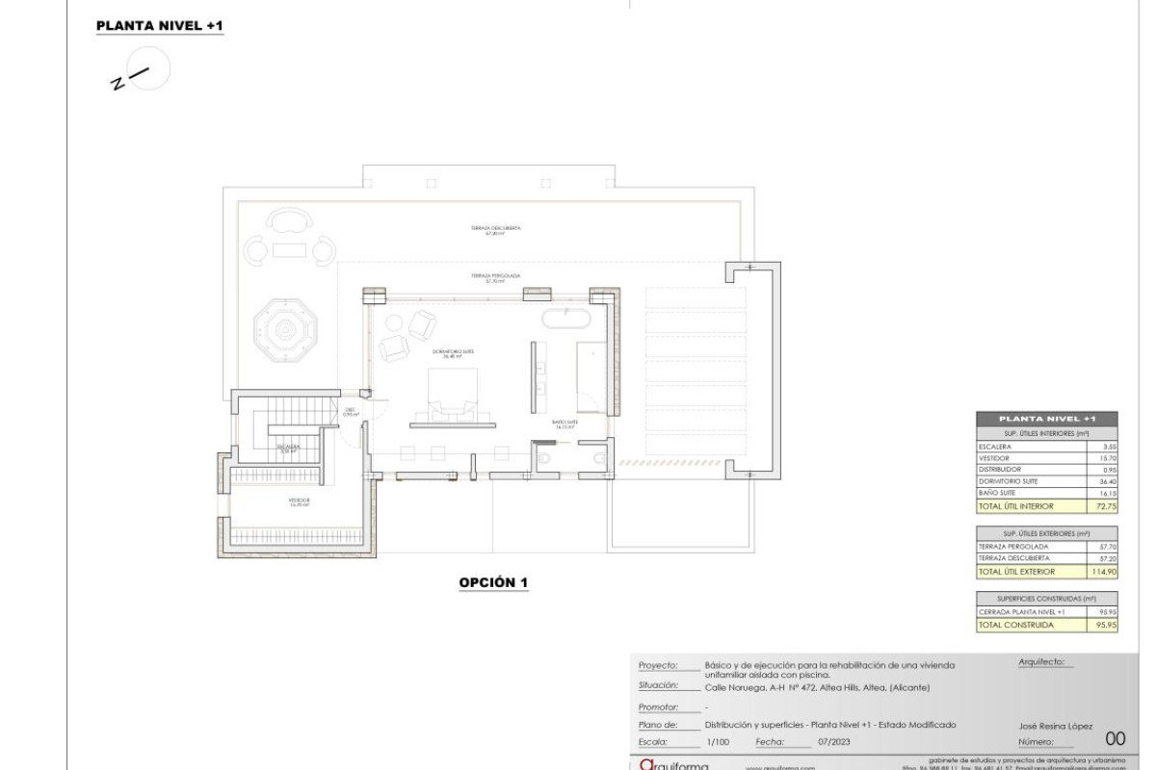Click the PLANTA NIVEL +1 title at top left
pos(160,27)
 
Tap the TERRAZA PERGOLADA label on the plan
pos(496,276)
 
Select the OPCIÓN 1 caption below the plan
pos(493,583)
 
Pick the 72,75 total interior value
pos(1103,505)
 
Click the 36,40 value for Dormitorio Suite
pos(1104,481)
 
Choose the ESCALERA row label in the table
pos(994,448)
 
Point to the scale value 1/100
pos(718,743)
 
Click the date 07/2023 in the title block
pos(832,743)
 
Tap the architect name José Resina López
pos(1055,726)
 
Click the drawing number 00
pos(1116,739)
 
